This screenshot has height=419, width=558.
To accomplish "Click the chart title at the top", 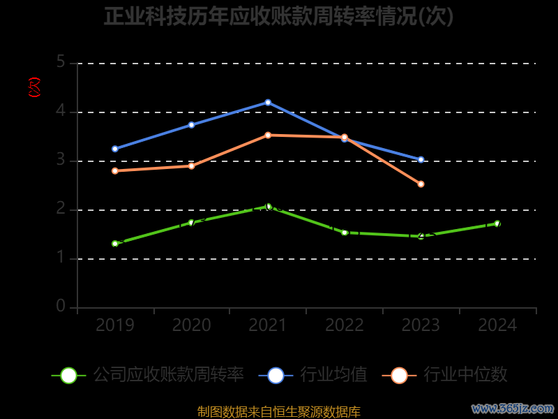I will click(279, 17).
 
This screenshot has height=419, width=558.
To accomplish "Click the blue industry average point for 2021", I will click(268, 103).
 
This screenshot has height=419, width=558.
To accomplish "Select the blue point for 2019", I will click(115, 149).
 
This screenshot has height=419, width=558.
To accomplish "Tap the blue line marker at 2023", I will click(421, 160).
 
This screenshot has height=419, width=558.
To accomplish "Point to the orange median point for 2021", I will click(268, 135).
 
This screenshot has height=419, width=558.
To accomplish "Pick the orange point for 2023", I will click(421, 184).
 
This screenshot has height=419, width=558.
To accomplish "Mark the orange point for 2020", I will click(191, 166).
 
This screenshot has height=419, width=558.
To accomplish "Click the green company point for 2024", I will click(497, 223).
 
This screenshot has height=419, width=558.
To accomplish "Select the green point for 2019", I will click(115, 244).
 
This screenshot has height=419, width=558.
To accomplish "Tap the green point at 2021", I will click(268, 206).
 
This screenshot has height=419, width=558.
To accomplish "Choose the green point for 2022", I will click(345, 233).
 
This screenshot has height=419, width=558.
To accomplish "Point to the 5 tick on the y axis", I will click(61, 63).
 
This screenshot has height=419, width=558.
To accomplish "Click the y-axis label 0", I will click(61, 307).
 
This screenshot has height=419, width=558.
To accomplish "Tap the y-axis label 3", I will click(61, 161).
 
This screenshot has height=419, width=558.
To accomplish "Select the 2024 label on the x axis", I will click(497, 325).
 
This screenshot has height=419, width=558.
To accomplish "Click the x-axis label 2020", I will click(191, 325).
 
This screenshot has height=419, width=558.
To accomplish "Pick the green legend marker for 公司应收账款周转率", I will click(68, 375).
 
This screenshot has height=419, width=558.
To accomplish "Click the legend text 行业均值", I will click(333, 375).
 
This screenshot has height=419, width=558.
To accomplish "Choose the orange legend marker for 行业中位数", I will click(399, 375).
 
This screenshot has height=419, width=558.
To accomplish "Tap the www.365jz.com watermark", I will click(513, 408).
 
